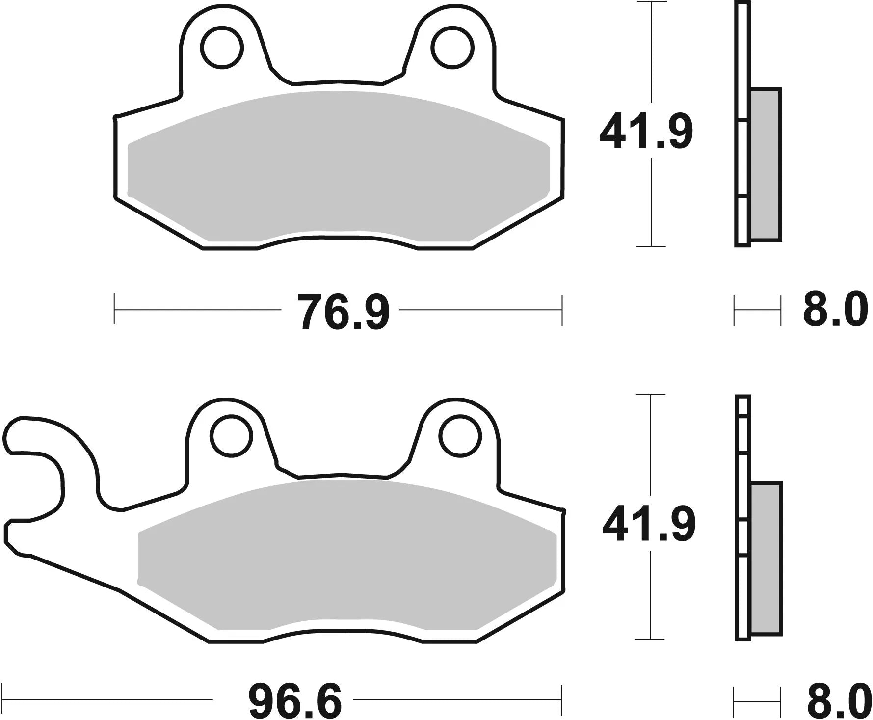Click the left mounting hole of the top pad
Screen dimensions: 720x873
point(222,48)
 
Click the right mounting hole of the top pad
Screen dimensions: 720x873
point(453,48)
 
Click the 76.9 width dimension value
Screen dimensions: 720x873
point(345,312)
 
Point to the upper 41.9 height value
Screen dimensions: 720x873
point(646,132)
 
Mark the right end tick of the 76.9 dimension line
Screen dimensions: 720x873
point(561,310)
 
